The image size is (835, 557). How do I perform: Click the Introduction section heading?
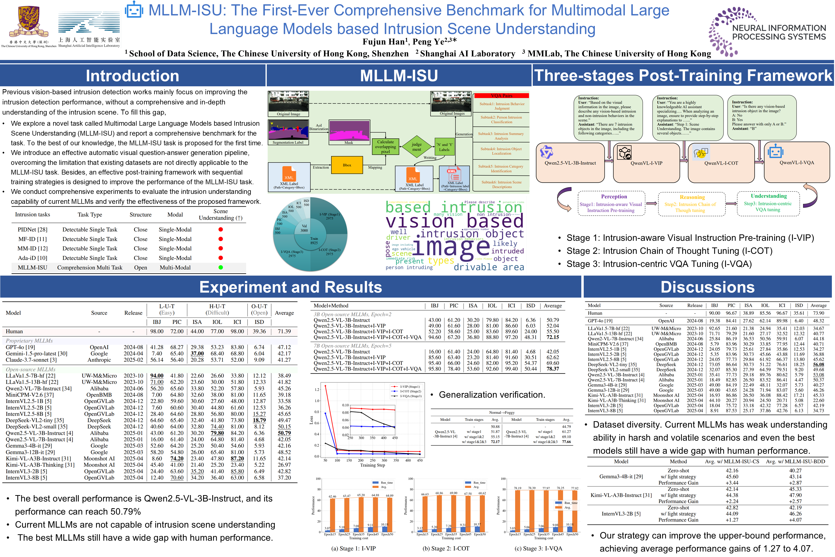click(x=132, y=76)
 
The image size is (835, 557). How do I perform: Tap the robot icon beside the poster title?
click(x=134, y=10)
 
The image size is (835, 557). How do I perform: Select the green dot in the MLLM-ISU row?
click(x=220, y=267)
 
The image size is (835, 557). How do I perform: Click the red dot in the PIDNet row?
click(x=220, y=229)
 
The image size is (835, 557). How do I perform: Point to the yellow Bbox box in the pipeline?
click(x=347, y=165)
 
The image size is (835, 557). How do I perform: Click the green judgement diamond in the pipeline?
click(x=417, y=147)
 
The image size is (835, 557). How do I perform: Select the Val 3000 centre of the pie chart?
click(x=304, y=228)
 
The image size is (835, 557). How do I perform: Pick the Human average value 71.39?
click(x=284, y=331)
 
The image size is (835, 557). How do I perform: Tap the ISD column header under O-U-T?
click(x=259, y=322)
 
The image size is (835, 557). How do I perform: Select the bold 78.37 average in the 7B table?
click(x=553, y=369)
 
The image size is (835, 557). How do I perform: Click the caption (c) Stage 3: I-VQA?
click(x=538, y=549)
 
